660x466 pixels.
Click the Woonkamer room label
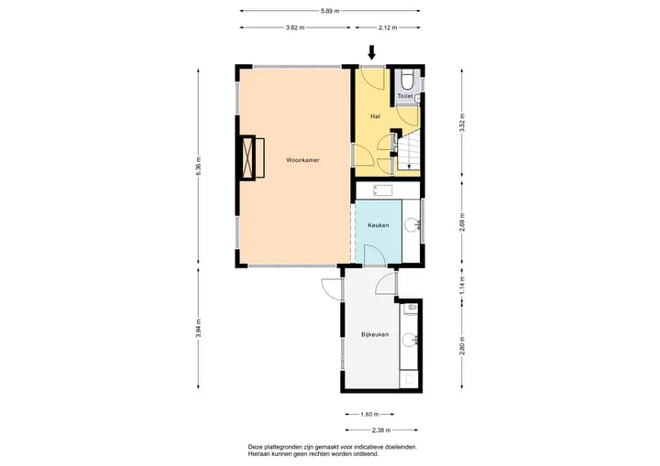tap(302, 160)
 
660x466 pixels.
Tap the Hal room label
tap(375, 116)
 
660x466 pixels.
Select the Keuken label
tap(378, 225)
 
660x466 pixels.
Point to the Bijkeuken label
tap(375, 335)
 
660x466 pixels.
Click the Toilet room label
tap(405, 96)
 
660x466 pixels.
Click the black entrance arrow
tap(371, 52)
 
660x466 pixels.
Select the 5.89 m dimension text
tap(330, 11)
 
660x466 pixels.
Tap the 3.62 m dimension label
tap(295, 27)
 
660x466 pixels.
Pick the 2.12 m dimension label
tap(388, 27)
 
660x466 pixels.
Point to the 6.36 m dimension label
tap(199, 166)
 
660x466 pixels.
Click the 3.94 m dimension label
tap(199, 328)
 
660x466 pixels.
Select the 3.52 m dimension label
tap(462, 123)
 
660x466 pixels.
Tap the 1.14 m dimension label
tap(462, 285)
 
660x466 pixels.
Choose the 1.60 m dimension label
tap(369, 415)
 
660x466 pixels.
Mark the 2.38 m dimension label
tap(381, 430)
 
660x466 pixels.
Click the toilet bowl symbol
tap(407, 81)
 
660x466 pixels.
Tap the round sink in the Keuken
tap(412, 224)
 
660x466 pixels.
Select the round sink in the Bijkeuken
tap(409, 340)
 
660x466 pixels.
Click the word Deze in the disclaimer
tap(255, 448)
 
